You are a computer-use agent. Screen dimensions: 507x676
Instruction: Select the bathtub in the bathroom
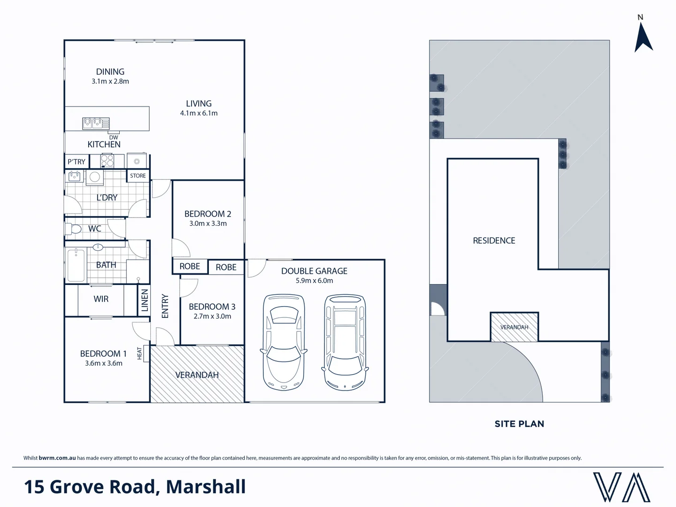pyautogui.click(x=76, y=265)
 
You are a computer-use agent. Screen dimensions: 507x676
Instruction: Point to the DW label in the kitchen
pyautogui.click(x=114, y=138)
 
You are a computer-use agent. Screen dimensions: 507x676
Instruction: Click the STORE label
pyautogui.click(x=138, y=176)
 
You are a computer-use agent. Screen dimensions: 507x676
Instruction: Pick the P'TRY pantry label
pyautogui.click(x=77, y=162)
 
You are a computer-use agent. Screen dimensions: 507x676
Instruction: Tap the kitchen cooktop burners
pyautogui.click(x=108, y=161)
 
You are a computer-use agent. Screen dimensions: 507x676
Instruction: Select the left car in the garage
pyautogui.click(x=284, y=343)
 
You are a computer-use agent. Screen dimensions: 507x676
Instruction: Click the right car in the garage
pyautogui.click(x=345, y=343)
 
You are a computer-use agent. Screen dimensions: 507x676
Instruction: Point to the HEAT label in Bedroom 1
pyautogui.click(x=139, y=353)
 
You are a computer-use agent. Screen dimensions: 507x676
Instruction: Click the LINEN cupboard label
pyautogui.click(x=145, y=300)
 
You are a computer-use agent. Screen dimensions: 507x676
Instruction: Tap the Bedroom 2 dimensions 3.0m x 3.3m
pyautogui.click(x=208, y=223)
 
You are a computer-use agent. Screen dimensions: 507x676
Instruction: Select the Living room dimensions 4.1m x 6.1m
pyautogui.click(x=199, y=113)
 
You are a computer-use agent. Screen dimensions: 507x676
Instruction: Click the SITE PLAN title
pyautogui.click(x=519, y=424)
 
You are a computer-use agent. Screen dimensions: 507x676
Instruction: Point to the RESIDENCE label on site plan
pyautogui.click(x=494, y=241)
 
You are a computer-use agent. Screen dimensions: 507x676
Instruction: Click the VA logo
pyautogui.click(x=622, y=487)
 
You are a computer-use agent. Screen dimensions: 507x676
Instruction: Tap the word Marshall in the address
pyautogui.click(x=206, y=487)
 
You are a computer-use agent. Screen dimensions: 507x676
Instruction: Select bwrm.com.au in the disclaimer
pyautogui.click(x=57, y=458)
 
